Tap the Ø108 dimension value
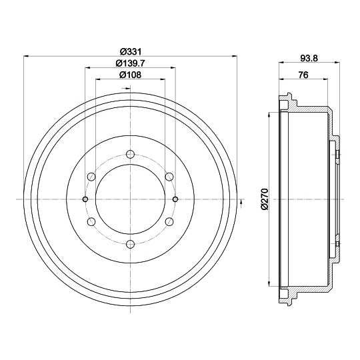click(x=130, y=75)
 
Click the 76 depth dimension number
click(x=303, y=75)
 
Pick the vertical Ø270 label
click(x=265, y=199)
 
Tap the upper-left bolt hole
click(x=91, y=177)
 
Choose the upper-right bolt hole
click(x=169, y=177)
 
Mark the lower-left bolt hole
click(x=91, y=222)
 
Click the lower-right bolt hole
click(x=169, y=222)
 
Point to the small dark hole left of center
click(x=85, y=199)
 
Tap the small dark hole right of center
click(x=175, y=199)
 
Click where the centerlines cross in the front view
click(x=130, y=199)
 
